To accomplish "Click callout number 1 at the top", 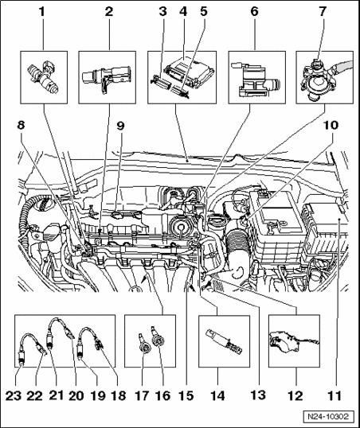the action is pos(41,12).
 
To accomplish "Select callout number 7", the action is pos(323,12).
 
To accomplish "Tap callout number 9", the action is pos(120,125).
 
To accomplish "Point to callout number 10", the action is pos(331,125).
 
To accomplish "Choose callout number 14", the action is pos(217,395).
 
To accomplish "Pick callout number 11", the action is pos(335,395).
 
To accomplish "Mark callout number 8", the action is pos(21,125).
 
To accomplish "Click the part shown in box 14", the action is pos(224,341).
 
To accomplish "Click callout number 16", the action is pos(162,395).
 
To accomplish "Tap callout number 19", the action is pos(98,395).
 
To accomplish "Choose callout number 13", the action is pos(258,395).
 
